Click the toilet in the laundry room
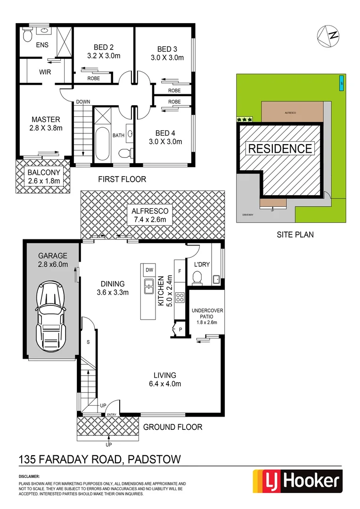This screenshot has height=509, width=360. (197, 278)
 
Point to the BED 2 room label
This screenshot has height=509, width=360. (104, 47)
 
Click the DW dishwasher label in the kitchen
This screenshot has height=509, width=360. (150, 270)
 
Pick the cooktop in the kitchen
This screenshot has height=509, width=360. (180, 297)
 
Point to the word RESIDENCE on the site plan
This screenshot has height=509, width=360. (280, 148)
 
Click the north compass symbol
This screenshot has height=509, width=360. (329, 34)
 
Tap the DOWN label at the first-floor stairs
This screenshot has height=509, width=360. (83, 102)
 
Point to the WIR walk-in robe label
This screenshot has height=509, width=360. (45, 72)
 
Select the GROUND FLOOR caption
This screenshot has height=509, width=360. (172, 427)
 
